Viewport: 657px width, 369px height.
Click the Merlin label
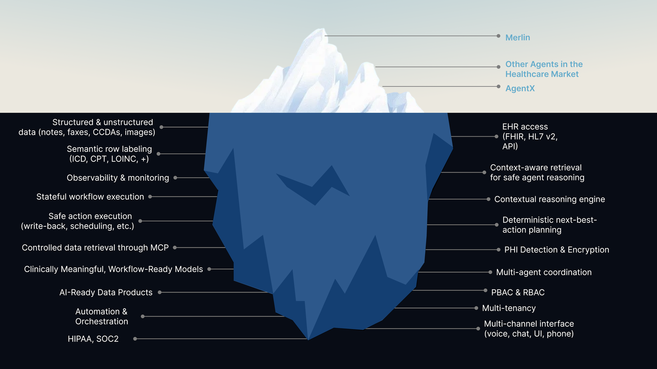pyautogui.click(x=518, y=37)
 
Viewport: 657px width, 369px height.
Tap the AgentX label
pyautogui.click(x=520, y=88)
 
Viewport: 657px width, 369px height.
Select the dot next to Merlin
pyautogui.click(x=498, y=36)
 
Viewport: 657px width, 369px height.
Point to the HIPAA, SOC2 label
pyautogui.click(x=93, y=339)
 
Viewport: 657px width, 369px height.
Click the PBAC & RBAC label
pyautogui.click(x=518, y=292)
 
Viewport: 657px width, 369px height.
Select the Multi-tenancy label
pyautogui.click(x=509, y=308)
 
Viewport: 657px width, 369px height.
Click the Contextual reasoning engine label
pyautogui.click(x=549, y=199)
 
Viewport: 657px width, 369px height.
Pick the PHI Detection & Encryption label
pyautogui.click(x=556, y=250)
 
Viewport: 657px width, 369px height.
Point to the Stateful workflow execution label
pyautogui.click(x=90, y=197)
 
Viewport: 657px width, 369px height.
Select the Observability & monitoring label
pyautogui.click(x=118, y=178)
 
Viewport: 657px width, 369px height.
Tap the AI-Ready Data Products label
pyautogui.click(x=106, y=292)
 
